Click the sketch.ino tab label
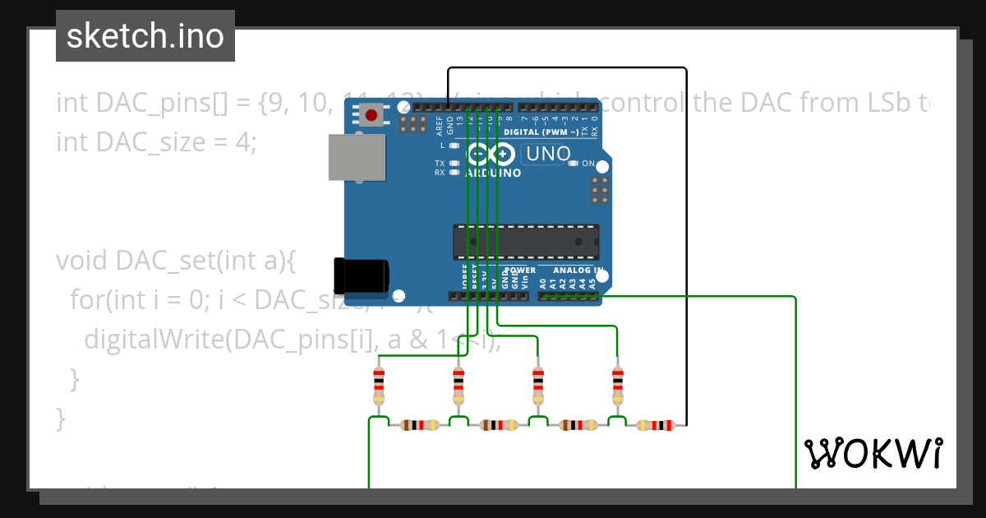(x=145, y=36)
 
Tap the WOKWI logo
(x=873, y=453)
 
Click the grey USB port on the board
(x=357, y=157)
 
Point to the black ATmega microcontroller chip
(x=526, y=241)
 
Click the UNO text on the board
(x=548, y=154)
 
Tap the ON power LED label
(x=588, y=164)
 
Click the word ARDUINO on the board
(x=493, y=173)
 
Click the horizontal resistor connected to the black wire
(x=655, y=425)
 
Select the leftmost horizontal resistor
(x=419, y=425)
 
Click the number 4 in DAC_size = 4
(x=242, y=142)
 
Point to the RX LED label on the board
(x=440, y=173)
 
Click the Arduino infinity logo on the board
(x=490, y=154)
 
